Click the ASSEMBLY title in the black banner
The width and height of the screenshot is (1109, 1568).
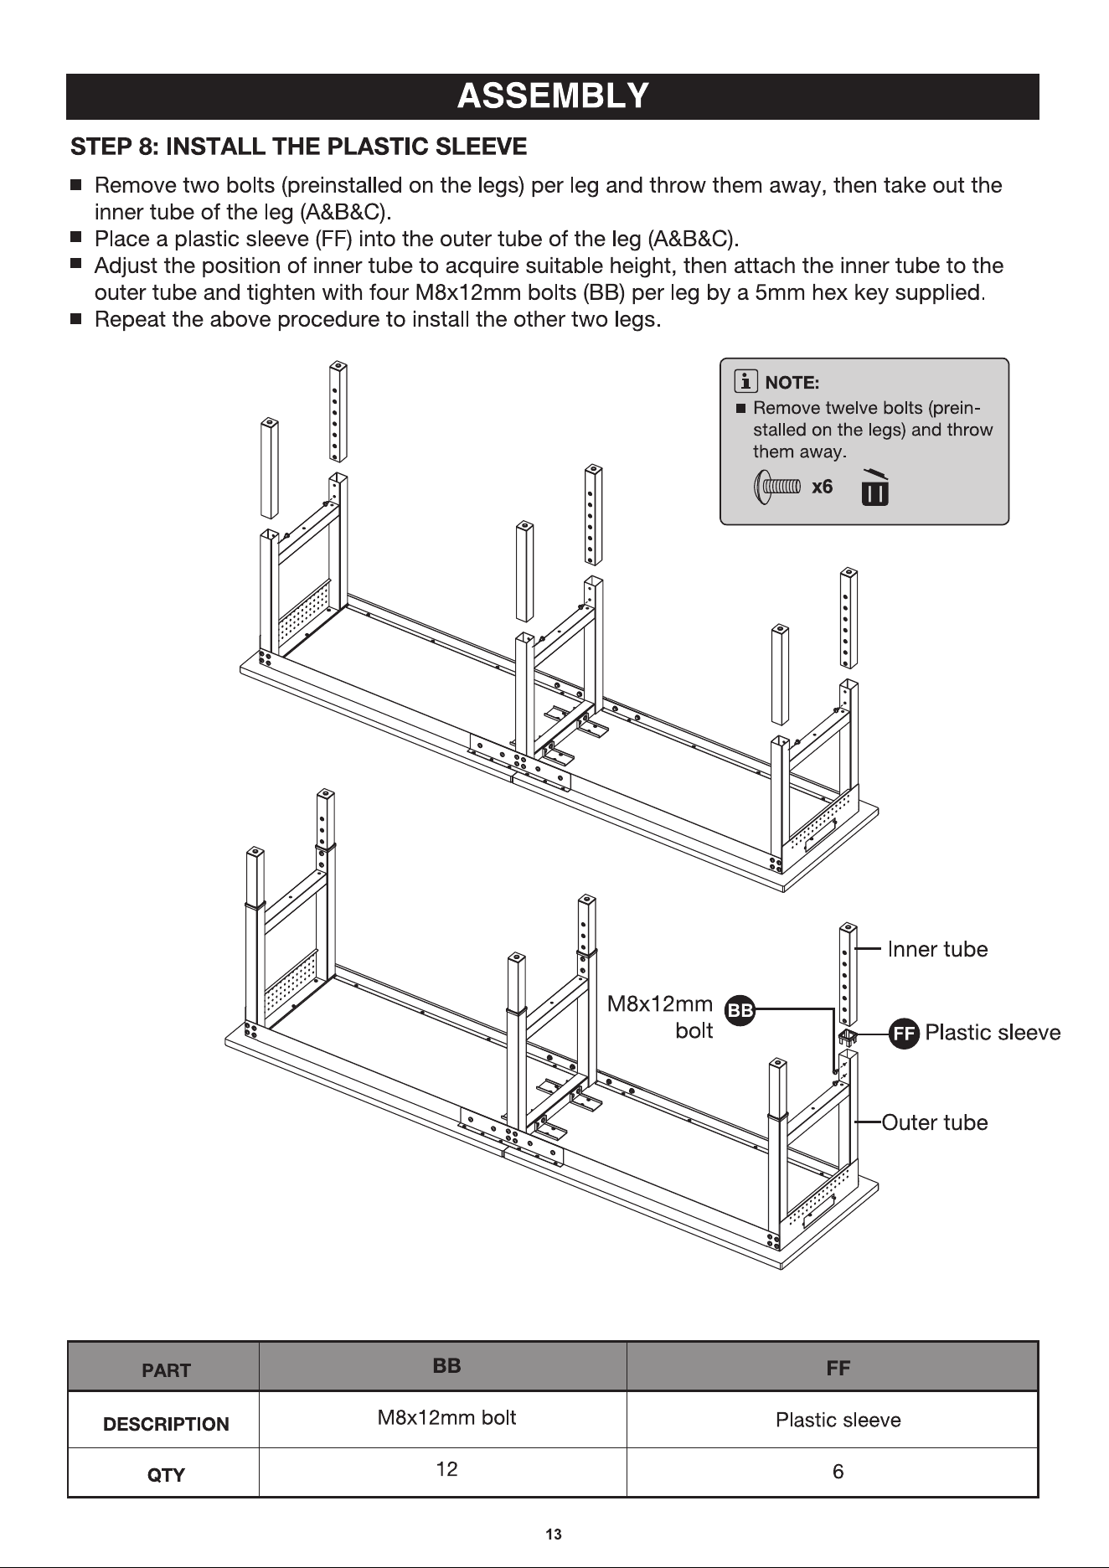(x=553, y=96)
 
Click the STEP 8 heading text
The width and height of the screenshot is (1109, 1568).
(x=299, y=147)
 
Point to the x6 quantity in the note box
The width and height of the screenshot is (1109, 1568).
(x=822, y=487)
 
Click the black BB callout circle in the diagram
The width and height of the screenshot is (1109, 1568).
(x=740, y=1011)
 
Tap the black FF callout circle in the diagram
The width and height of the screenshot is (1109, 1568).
(x=904, y=1034)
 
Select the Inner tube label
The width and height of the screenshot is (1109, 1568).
(x=937, y=949)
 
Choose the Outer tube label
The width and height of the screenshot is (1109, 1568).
(x=935, y=1122)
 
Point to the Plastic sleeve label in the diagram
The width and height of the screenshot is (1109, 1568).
(x=993, y=1033)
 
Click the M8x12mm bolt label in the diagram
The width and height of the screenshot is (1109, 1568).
(x=660, y=1017)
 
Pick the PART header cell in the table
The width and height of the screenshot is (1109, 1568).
(x=166, y=1370)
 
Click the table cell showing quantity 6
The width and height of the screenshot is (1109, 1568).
(x=838, y=1472)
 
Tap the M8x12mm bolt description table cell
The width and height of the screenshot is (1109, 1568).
(x=446, y=1418)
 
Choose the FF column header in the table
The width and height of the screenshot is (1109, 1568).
(x=838, y=1368)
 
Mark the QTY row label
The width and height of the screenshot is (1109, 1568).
(x=166, y=1475)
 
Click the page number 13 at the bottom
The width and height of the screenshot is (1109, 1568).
(x=554, y=1534)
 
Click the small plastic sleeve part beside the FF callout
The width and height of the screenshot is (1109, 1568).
(x=848, y=1038)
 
